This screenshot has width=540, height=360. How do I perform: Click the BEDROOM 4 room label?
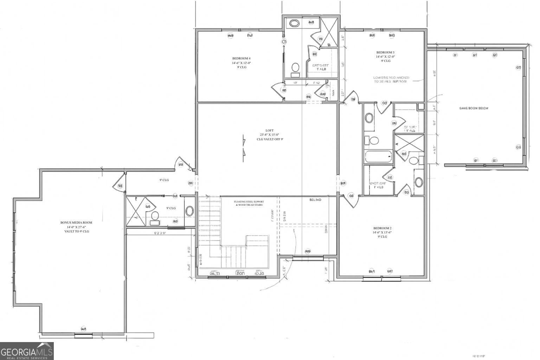[x=241, y=58]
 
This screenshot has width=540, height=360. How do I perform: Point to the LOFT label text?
[x=269, y=130]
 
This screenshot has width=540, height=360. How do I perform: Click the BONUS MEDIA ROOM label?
[x=76, y=223]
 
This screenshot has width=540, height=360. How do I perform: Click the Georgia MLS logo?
[x=27, y=351]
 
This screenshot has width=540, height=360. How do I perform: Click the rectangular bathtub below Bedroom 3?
[x=378, y=156]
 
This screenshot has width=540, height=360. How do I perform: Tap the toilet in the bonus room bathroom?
[x=154, y=217]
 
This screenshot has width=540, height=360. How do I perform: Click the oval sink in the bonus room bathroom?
[x=189, y=211]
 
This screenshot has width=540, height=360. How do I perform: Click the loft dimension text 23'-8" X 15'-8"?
[x=269, y=135]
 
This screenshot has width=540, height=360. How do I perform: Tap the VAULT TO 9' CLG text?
[x=76, y=231]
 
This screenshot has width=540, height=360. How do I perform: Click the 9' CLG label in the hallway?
[x=164, y=180]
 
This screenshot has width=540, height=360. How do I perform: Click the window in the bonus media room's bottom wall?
[x=83, y=335]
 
